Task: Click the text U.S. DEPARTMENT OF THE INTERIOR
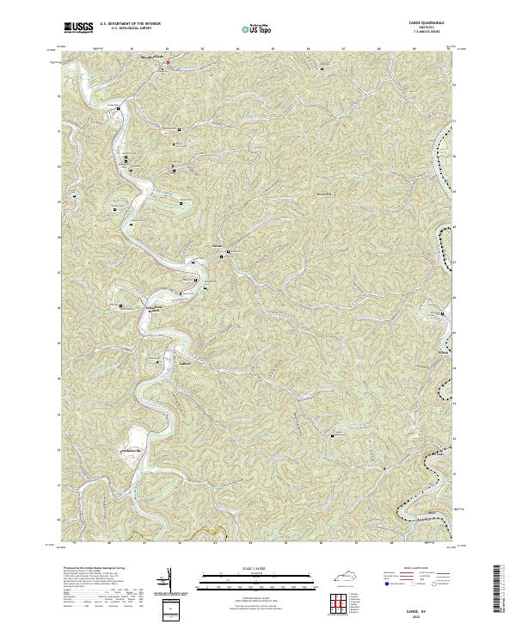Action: pyautogui.click(x=130, y=25)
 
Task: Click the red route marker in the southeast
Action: pyautogui.click(x=384, y=469)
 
